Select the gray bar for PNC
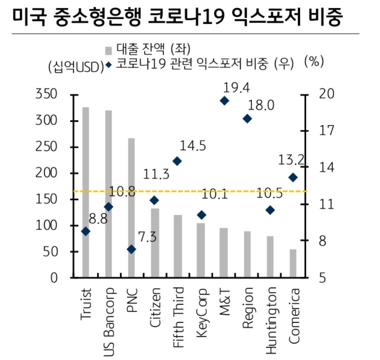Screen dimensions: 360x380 tap(131, 207)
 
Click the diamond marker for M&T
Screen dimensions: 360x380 tap(224, 101)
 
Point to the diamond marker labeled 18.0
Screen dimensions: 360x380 tap(247, 118)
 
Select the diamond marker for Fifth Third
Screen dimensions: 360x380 tap(177, 161)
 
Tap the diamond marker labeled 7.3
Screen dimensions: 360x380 tap(131, 249)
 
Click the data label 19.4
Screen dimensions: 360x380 tap(236, 88)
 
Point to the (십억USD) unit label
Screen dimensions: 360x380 tap(76, 67)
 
